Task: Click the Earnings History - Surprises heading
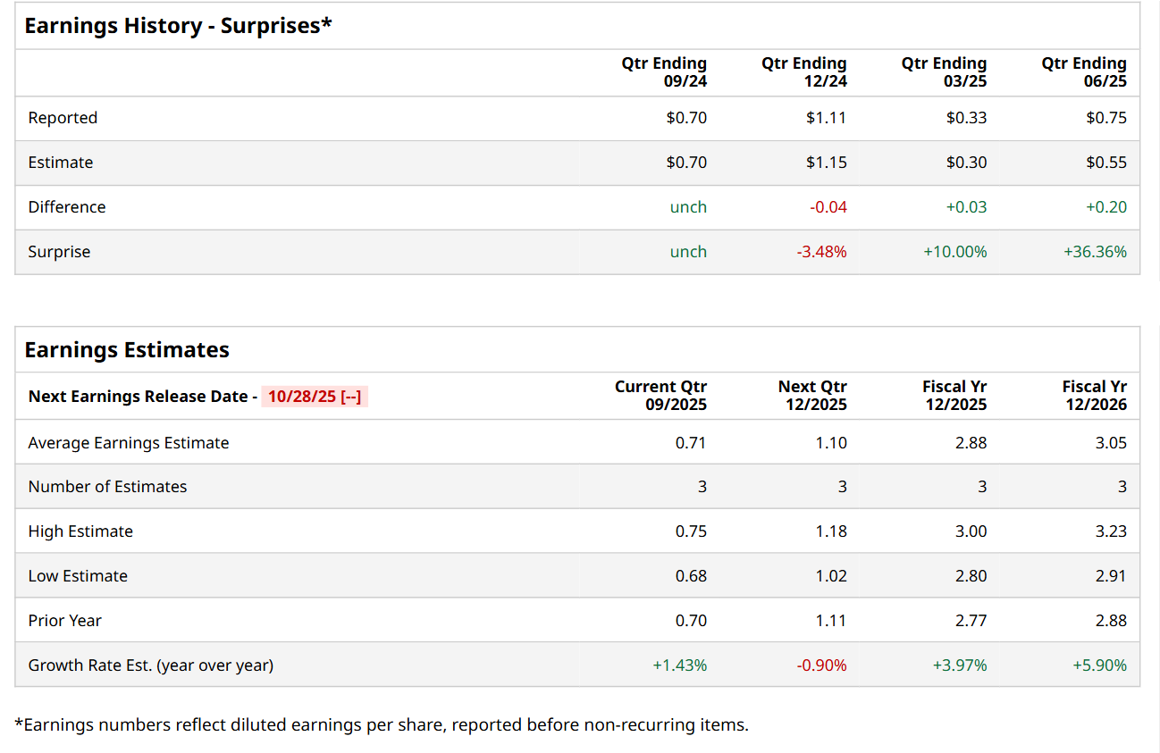178,26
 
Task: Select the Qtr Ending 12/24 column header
803,72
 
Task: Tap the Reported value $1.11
826,118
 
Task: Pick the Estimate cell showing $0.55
1106,163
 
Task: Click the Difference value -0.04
828,207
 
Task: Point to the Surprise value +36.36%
1095,252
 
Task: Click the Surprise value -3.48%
821,252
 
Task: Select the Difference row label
67,207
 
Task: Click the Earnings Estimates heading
127,350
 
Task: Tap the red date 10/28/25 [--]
315,397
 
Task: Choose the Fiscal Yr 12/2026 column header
1094,396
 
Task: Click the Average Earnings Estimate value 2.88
971,443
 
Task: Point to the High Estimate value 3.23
1111,531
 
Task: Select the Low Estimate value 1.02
831,576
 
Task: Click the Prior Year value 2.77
971,621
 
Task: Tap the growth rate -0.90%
821,665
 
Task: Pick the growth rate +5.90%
1099,665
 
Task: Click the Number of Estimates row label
107,487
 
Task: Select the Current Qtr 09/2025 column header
660,396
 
